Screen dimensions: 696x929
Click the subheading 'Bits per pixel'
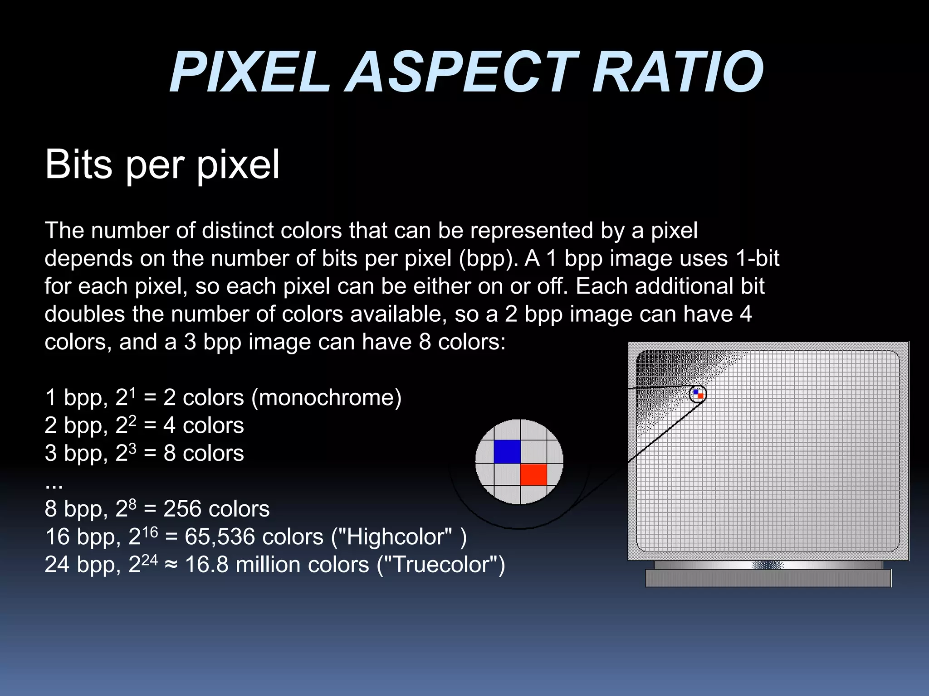click(162, 164)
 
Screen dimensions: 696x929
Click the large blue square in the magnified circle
click(507, 452)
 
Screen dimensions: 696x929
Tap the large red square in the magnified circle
click(533, 474)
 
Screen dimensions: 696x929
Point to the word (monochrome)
click(326, 398)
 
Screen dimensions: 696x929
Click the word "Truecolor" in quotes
click(440, 565)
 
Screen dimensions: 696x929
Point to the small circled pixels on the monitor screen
click(698, 394)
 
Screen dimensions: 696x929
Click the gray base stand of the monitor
click(768, 578)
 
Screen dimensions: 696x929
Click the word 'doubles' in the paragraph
click(84, 314)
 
